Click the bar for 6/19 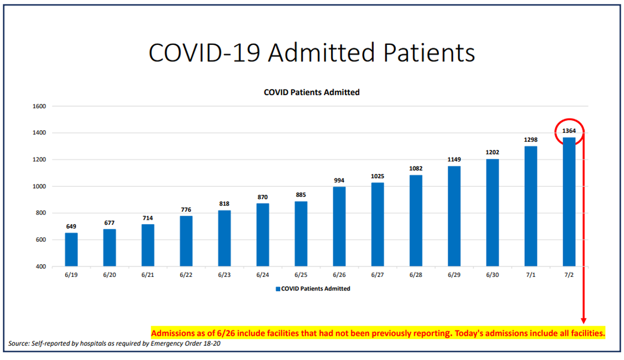point(71,249)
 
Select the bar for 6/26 point(339,227)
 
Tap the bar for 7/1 point(530,206)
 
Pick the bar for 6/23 point(224,238)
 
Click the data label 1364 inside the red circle point(569,131)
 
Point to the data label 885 point(301,195)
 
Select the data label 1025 point(378,176)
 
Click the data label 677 point(109,223)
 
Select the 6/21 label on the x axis point(148,276)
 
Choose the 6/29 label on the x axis point(454,276)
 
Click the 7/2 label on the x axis point(569,276)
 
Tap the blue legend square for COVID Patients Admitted point(278,289)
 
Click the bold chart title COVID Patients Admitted point(311,92)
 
